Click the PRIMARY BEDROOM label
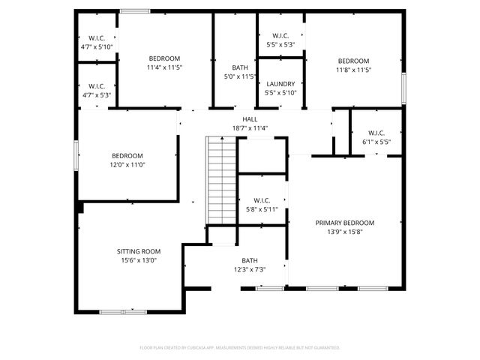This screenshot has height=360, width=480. [344, 223]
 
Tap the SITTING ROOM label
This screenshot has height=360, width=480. [138, 251]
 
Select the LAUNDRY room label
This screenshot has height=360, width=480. [280, 84]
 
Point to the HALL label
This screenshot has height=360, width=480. [250, 119]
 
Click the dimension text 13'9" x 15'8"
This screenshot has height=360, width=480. [344, 232]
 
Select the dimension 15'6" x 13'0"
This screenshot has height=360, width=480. [138, 260]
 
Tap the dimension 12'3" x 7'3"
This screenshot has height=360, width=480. [250, 269]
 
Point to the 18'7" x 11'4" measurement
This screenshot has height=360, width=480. [250, 128]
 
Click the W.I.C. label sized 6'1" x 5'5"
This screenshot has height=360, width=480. [376, 133]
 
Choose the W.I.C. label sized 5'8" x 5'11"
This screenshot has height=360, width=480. [262, 200]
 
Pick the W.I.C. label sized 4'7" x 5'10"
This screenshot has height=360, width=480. [96, 38]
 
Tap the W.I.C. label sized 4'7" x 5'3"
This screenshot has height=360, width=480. [96, 86]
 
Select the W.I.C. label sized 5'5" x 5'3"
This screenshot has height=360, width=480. [280, 35]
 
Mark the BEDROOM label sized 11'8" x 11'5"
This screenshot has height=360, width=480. [353, 61]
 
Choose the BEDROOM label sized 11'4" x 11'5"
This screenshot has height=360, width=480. [164, 58]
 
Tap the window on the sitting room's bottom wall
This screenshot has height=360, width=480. [123, 311]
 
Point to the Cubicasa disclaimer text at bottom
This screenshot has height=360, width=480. [240, 348]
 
